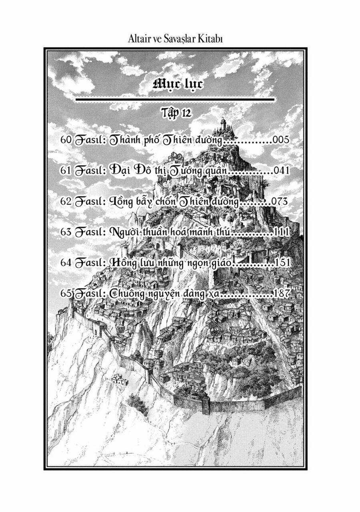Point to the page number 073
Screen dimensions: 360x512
coord(279,201)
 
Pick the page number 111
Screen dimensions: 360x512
coord(280,232)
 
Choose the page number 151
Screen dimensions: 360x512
coord(282,263)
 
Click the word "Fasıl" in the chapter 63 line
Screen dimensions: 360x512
coord(90,232)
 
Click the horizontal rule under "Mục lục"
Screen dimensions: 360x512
coord(175,98)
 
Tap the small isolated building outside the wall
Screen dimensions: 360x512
coord(119,380)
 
